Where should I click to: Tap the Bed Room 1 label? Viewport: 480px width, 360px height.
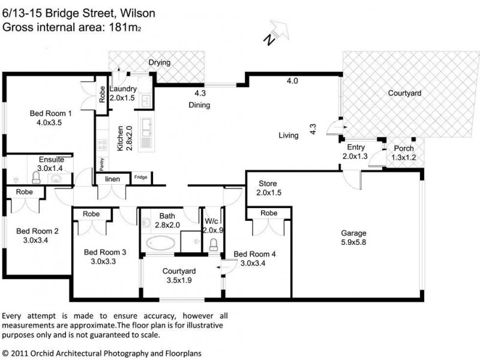coord(51,113)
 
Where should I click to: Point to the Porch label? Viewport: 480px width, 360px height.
coord(403,149)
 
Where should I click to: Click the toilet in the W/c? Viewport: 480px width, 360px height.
coord(214,245)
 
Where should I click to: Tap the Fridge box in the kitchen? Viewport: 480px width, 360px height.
coord(140,177)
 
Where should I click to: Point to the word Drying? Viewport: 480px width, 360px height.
coord(160,62)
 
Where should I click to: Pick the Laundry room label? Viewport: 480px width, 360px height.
coord(124,89)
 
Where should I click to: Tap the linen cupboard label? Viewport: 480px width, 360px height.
coord(113,179)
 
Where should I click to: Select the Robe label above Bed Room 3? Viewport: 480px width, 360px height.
coord(91,214)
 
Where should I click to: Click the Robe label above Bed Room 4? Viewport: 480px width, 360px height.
coord(269,213)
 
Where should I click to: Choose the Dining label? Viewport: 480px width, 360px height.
coord(199,105)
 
